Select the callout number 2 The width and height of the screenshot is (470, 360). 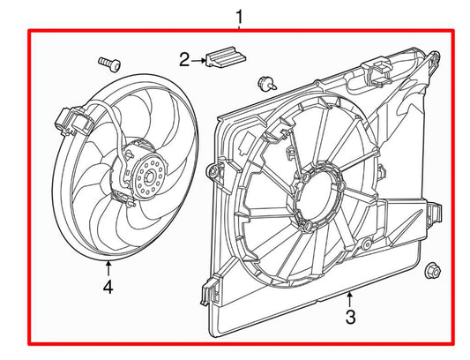[184, 60]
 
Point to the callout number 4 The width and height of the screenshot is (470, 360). [107, 288]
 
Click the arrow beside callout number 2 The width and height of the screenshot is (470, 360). [199, 60]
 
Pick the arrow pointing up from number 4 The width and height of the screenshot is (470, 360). [107, 267]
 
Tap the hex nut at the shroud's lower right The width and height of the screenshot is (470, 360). [433, 270]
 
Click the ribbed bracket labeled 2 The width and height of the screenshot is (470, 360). [226, 58]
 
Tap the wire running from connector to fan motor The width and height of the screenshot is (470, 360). [111, 132]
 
